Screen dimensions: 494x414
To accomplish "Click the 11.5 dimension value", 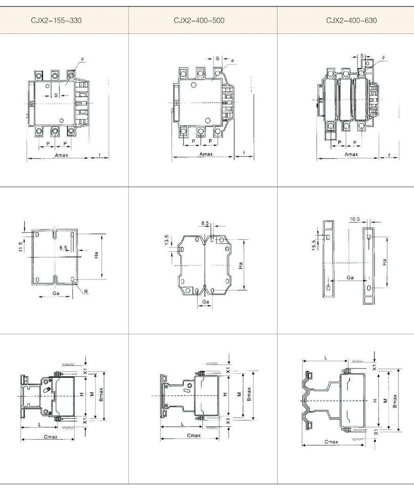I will point(21,247).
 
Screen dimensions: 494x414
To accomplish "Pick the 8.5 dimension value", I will point(205,223).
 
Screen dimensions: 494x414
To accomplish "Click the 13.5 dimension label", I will point(166,239).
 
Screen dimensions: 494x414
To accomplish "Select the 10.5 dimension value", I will point(355,219).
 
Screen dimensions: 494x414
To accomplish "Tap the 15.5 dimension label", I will point(313,245).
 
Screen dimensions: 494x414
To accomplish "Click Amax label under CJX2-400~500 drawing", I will point(206,154).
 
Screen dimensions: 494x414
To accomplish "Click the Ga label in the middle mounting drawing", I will point(205,302).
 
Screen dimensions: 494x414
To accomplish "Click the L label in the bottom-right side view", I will point(326,358).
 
